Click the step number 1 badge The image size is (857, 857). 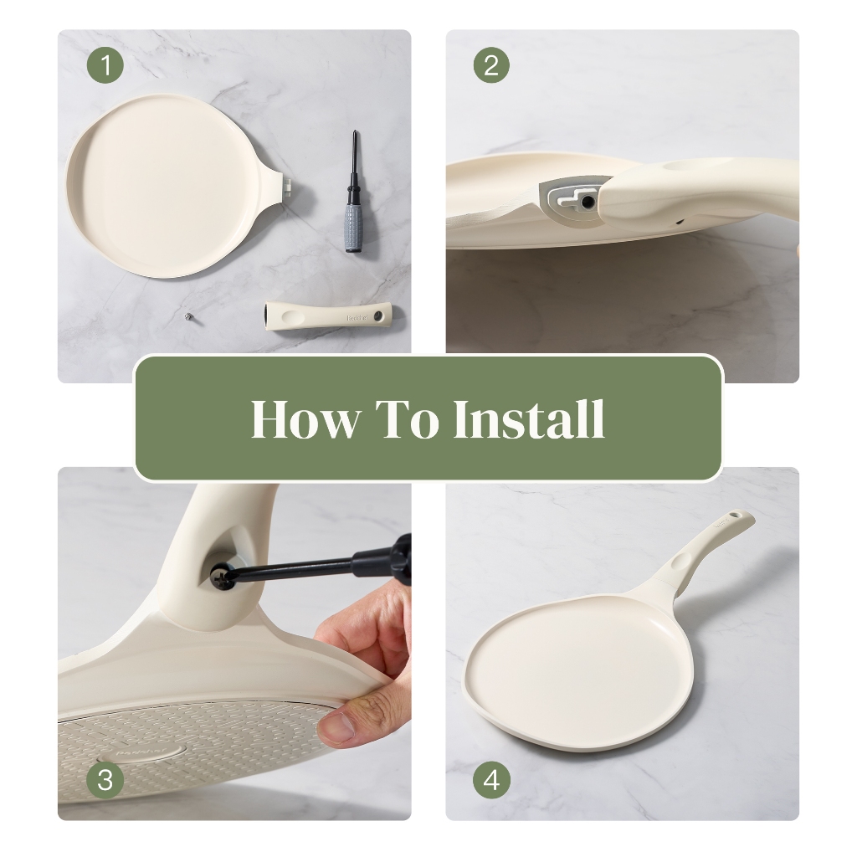pos(105,65)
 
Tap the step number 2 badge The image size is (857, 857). pos(491,65)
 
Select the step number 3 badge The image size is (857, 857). pos(105,780)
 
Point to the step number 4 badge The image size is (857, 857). pos(491,780)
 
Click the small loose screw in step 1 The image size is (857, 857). pos(188,316)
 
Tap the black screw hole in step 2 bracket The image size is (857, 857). pos(587,202)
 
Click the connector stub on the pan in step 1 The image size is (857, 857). pos(287,184)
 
